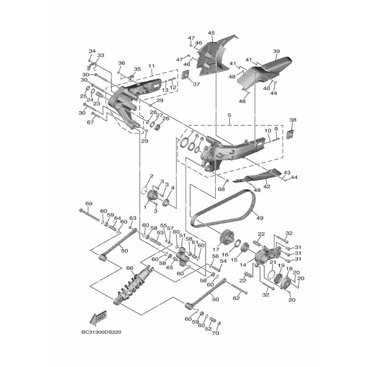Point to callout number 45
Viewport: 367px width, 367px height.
click(211, 33)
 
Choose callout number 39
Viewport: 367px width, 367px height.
click(276, 51)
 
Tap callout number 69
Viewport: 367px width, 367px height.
click(89, 203)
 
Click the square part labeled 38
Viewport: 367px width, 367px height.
click(290, 134)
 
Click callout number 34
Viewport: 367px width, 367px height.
click(92, 51)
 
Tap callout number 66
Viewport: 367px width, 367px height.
click(130, 268)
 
